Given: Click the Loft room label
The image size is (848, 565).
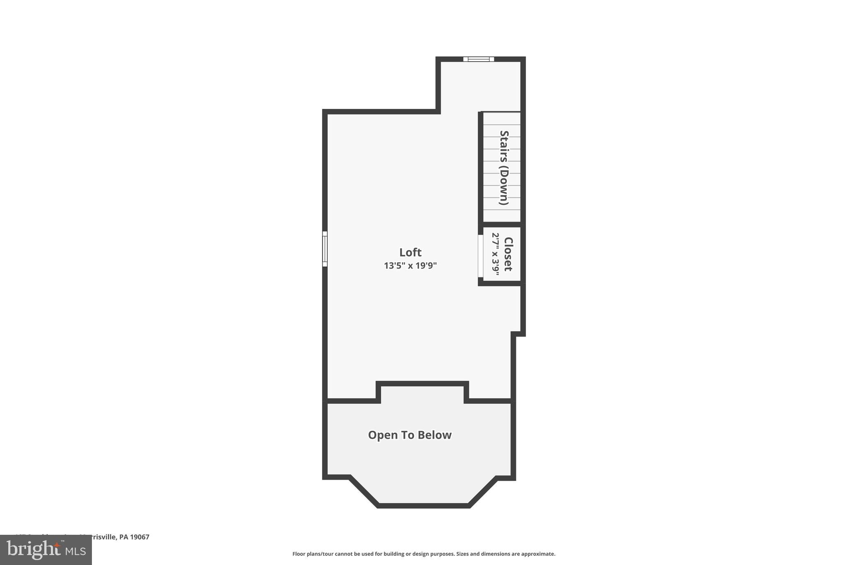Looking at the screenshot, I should click(x=410, y=252).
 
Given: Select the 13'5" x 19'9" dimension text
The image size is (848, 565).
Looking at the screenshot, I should click(x=410, y=265).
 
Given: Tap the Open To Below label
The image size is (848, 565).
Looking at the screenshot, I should click(x=410, y=435).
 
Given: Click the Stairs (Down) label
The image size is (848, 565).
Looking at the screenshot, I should click(x=504, y=168).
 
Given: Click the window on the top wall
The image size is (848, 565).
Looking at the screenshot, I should click(x=478, y=59).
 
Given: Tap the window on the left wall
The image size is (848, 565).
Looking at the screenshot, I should click(x=325, y=249).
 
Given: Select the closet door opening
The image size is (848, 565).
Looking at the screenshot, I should click(x=480, y=256).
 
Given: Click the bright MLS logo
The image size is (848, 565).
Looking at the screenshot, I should click(x=46, y=550).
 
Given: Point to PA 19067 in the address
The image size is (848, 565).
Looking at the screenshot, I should click(x=134, y=537).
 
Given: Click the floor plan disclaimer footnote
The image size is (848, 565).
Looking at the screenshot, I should click(x=424, y=554).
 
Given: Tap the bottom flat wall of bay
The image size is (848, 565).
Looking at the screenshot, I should click(x=423, y=505).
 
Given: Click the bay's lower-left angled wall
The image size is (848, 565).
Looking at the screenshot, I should click(x=364, y=491).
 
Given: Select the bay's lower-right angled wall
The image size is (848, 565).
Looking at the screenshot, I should click(x=483, y=491).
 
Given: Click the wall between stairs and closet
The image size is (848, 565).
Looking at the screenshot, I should click(x=501, y=224).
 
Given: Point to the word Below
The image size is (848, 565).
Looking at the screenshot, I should click(x=434, y=435).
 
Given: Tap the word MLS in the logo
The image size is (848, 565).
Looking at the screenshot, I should click(x=75, y=551).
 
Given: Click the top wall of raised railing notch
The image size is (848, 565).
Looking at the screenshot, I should click(x=422, y=383).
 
